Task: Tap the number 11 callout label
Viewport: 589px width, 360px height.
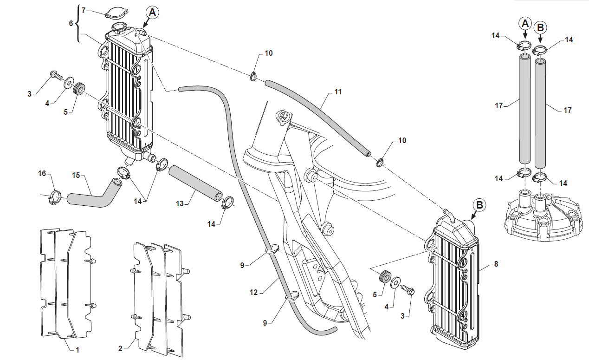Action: click(338, 92)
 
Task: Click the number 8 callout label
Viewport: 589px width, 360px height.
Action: click(496, 264)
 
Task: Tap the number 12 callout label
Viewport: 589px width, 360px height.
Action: click(253, 293)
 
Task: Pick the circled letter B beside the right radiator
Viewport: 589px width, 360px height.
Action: click(480, 205)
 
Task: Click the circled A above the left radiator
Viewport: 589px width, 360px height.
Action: click(153, 12)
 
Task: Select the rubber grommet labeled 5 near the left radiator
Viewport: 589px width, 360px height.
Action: click(80, 88)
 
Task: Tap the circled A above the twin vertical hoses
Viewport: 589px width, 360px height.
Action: click(524, 23)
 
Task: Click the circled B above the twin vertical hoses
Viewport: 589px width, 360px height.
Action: click(540, 27)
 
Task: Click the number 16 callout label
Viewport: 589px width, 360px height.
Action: click(42, 173)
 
